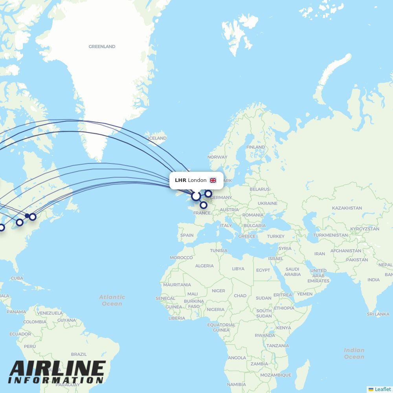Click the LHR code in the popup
pyautogui.click(x=180, y=180)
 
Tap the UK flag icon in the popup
pyautogui.click(x=213, y=180)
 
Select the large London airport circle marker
pyautogui.click(x=196, y=196)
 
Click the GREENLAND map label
pyautogui.click(x=102, y=46)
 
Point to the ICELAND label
pyautogui.click(x=157, y=138)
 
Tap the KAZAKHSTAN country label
pyautogui.click(x=347, y=208)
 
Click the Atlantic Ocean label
pyautogui.click(x=112, y=300)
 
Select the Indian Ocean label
pyautogui.click(x=354, y=353)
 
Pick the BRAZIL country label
pyautogui.click(x=79, y=354)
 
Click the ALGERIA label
pyautogui.click(x=204, y=266)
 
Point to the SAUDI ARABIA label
pyautogui.click(x=292, y=272)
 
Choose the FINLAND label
pyautogui.click(x=255, y=147)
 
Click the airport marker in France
pyautogui.click(x=203, y=205)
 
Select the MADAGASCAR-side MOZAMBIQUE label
pyautogui.click(x=275, y=375)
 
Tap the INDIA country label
pyautogui.click(x=373, y=280)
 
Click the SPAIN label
pyautogui.click(x=187, y=235)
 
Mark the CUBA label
pyautogui.click(x=17, y=278)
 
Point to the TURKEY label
pyautogui.click(x=275, y=236)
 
